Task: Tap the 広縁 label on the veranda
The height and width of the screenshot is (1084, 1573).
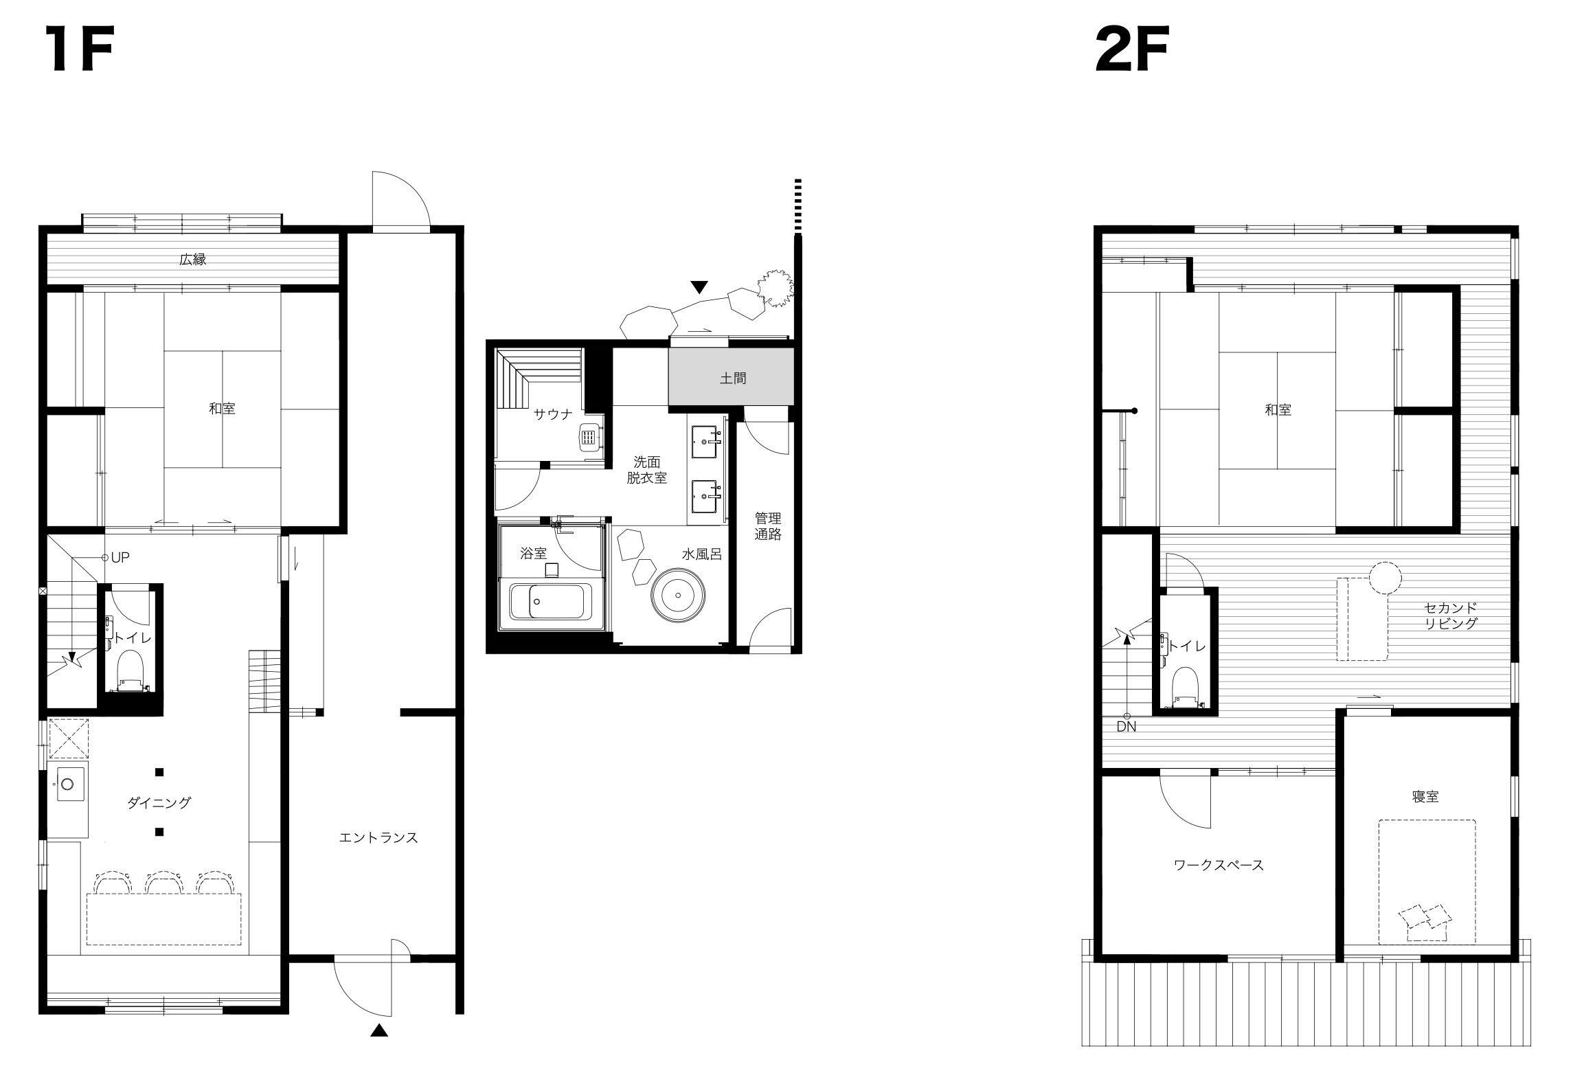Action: coord(193,260)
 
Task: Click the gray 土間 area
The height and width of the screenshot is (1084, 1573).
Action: coord(732,377)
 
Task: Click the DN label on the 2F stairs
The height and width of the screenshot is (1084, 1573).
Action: coord(1126,726)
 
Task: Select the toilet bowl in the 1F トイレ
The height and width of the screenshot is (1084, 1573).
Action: coord(130,670)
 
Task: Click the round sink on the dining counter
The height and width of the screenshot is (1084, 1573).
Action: coord(68,783)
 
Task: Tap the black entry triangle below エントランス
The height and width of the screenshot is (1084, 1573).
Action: coord(379,1049)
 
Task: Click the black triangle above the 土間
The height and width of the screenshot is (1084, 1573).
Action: coord(700,287)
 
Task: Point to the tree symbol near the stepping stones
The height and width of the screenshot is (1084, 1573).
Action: coord(775,289)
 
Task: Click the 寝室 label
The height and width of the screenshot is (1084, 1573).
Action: coord(1425,796)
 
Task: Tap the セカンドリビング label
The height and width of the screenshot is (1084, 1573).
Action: coord(1451,616)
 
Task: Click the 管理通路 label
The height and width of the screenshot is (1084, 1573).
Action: coord(768,526)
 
